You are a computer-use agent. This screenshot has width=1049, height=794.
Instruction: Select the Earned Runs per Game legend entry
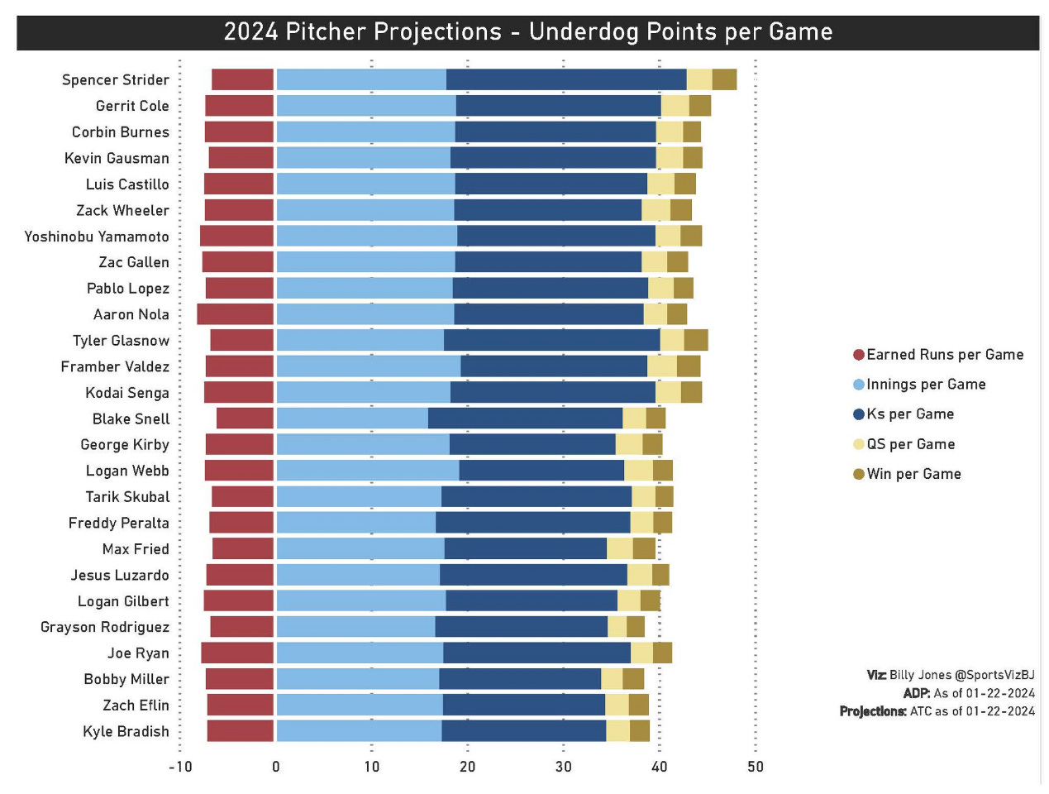(x=937, y=355)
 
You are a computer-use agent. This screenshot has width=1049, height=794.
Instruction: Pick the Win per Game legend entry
(x=907, y=474)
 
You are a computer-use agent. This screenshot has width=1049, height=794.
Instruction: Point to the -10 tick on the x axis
(x=180, y=767)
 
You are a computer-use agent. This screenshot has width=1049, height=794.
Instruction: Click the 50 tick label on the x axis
(x=755, y=767)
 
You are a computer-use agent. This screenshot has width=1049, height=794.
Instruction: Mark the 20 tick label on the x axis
(x=467, y=767)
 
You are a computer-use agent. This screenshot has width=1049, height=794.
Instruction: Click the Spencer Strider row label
(x=115, y=80)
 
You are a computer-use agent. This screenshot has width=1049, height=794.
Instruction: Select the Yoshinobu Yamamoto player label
(x=97, y=237)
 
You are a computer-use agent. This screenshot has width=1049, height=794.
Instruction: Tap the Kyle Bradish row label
(x=126, y=732)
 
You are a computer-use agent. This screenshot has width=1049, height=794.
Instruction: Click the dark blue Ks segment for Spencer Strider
(x=566, y=80)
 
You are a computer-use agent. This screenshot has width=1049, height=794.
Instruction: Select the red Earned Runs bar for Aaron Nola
(x=236, y=314)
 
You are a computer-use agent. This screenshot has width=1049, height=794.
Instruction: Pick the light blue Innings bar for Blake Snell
(x=352, y=419)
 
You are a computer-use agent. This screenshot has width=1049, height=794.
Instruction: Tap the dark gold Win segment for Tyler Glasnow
(x=696, y=340)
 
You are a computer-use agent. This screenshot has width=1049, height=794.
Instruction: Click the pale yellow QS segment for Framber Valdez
(x=661, y=366)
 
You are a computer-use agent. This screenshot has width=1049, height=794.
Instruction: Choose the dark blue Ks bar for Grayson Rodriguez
(x=521, y=627)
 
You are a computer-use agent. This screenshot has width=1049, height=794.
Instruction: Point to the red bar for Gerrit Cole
(x=240, y=106)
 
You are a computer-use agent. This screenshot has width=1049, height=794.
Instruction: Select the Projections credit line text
(x=937, y=711)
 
